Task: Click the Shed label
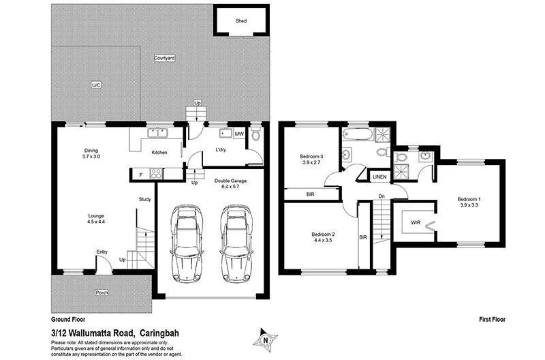(x=241, y=21)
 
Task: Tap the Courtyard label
(x=164, y=59)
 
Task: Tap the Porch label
(x=102, y=292)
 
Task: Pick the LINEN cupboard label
(x=380, y=177)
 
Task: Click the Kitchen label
(x=159, y=153)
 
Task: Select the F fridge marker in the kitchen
(x=141, y=176)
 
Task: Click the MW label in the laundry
(x=239, y=134)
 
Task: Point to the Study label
(x=144, y=200)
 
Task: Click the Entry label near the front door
(x=102, y=252)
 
